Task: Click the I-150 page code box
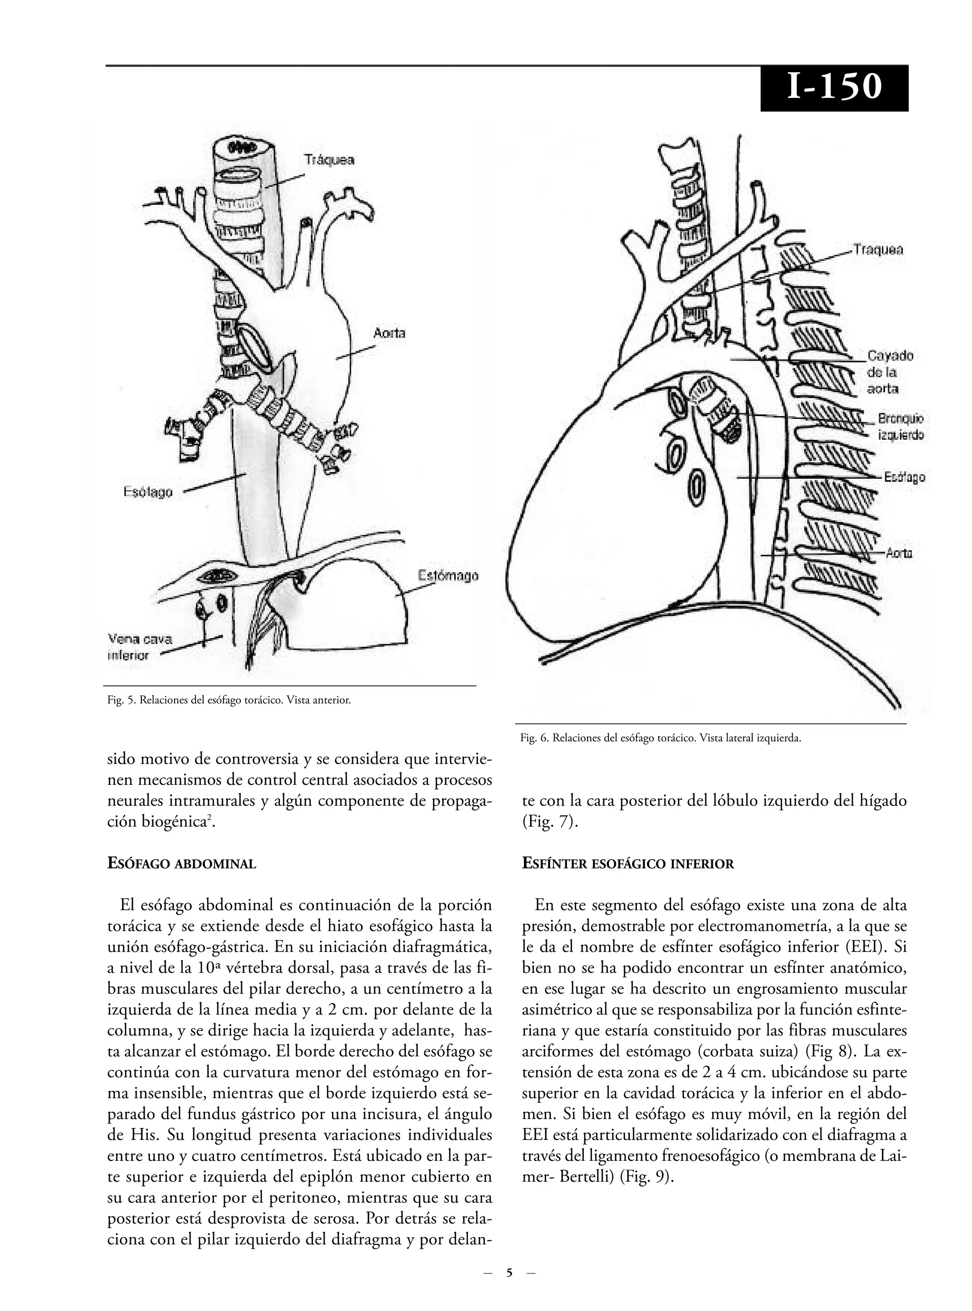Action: [834, 88]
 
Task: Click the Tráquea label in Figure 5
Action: [329, 160]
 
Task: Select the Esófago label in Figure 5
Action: [148, 492]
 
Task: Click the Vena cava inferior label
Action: [140, 646]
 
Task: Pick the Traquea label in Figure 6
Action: [878, 249]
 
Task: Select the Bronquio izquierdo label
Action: [900, 427]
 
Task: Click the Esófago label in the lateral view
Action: [904, 477]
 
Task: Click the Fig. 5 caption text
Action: [229, 701]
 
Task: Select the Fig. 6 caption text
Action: [660, 738]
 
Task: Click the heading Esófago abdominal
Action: [181, 864]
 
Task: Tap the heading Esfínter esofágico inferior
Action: [628, 864]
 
